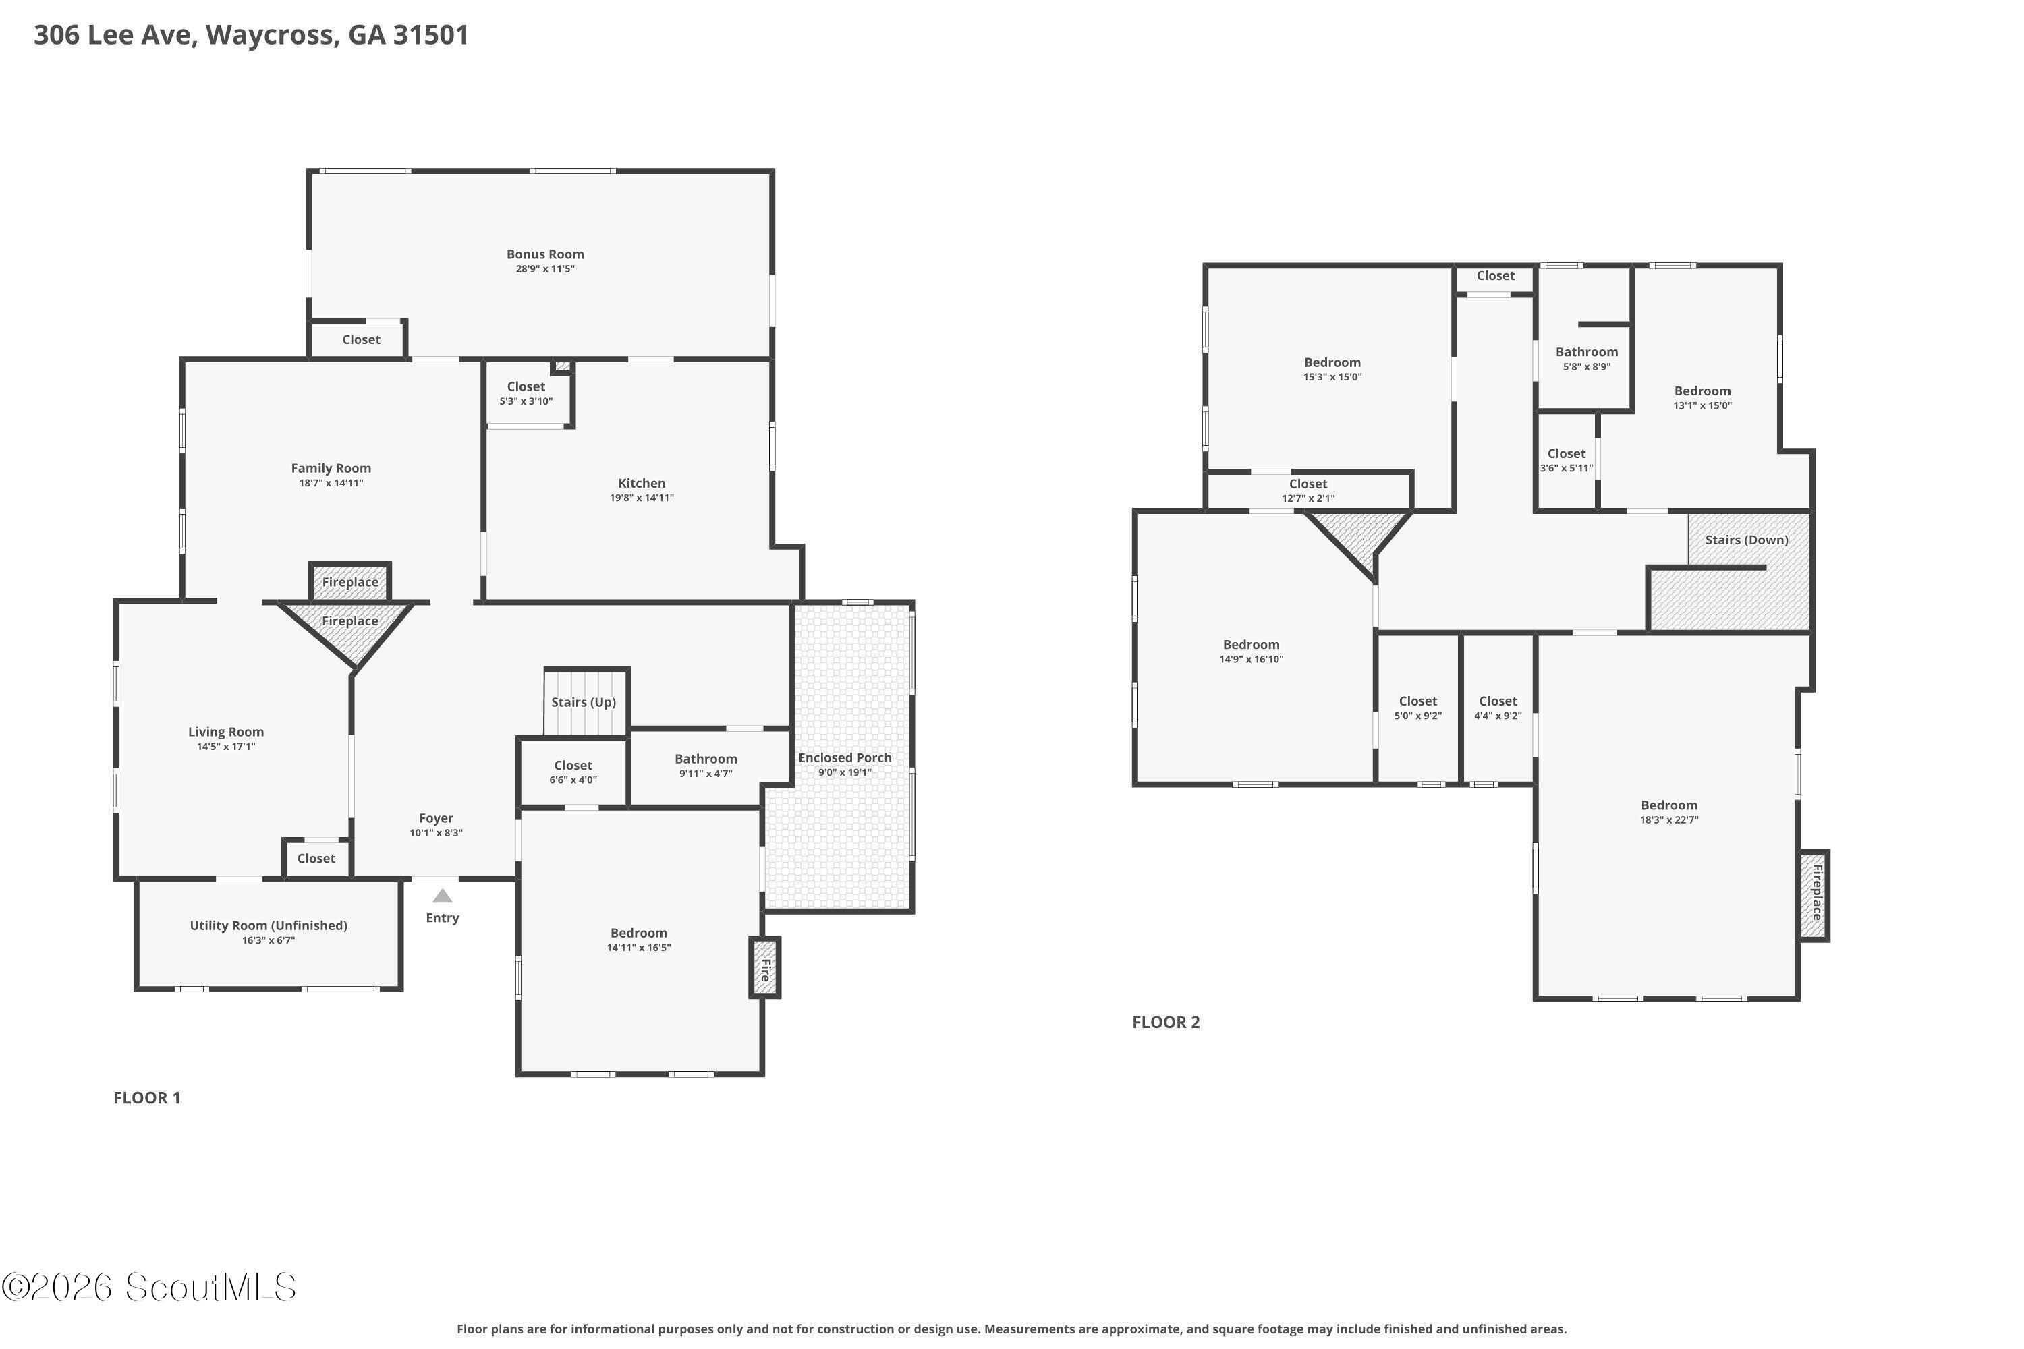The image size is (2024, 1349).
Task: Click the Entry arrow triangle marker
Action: click(443, 896)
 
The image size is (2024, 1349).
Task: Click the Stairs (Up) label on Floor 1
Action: click(584, 702)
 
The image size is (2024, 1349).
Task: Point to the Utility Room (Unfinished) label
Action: click(269, 925)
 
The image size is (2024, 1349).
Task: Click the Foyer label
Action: click(437, 818)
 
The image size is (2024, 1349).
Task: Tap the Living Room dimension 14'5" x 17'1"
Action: click(226, 747)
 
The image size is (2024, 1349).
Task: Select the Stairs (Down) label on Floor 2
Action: click(1747, 540)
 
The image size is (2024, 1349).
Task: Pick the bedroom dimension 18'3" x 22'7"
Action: click(1669, 820)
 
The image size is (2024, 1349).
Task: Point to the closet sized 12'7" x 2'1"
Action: click(1308, 490)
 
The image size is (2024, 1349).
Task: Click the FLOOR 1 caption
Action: click(147, 1098)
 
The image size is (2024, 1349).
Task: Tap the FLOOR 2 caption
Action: click(1166, 1022)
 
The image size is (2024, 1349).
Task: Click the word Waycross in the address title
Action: click(271, 35)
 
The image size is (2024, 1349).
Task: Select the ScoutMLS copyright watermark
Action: click(149, 1288)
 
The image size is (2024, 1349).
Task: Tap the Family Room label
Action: click(331, 468)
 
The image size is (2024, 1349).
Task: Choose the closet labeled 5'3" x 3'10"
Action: click(526, 393)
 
